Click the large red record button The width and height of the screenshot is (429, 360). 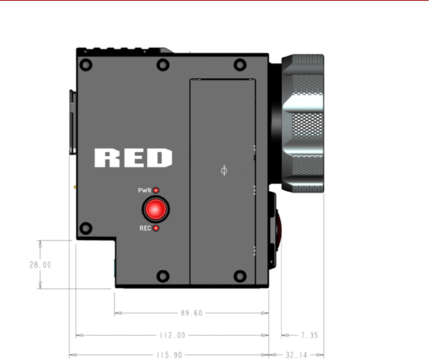tap(156, 209)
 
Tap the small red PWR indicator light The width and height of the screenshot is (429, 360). tap(156, 190)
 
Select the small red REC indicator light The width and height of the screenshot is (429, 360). tap(156, 228)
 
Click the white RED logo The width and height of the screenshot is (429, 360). tap(133, 158)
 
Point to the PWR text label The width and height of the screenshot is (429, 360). tap(144, 190)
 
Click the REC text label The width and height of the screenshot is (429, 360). tap(145, 228)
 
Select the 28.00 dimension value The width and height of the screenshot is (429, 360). tap(40, 265)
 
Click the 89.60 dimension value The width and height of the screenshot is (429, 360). tap(192, 313)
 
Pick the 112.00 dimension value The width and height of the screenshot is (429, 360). tap(172, 335)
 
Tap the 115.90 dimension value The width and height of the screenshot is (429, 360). tap(169, 355)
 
